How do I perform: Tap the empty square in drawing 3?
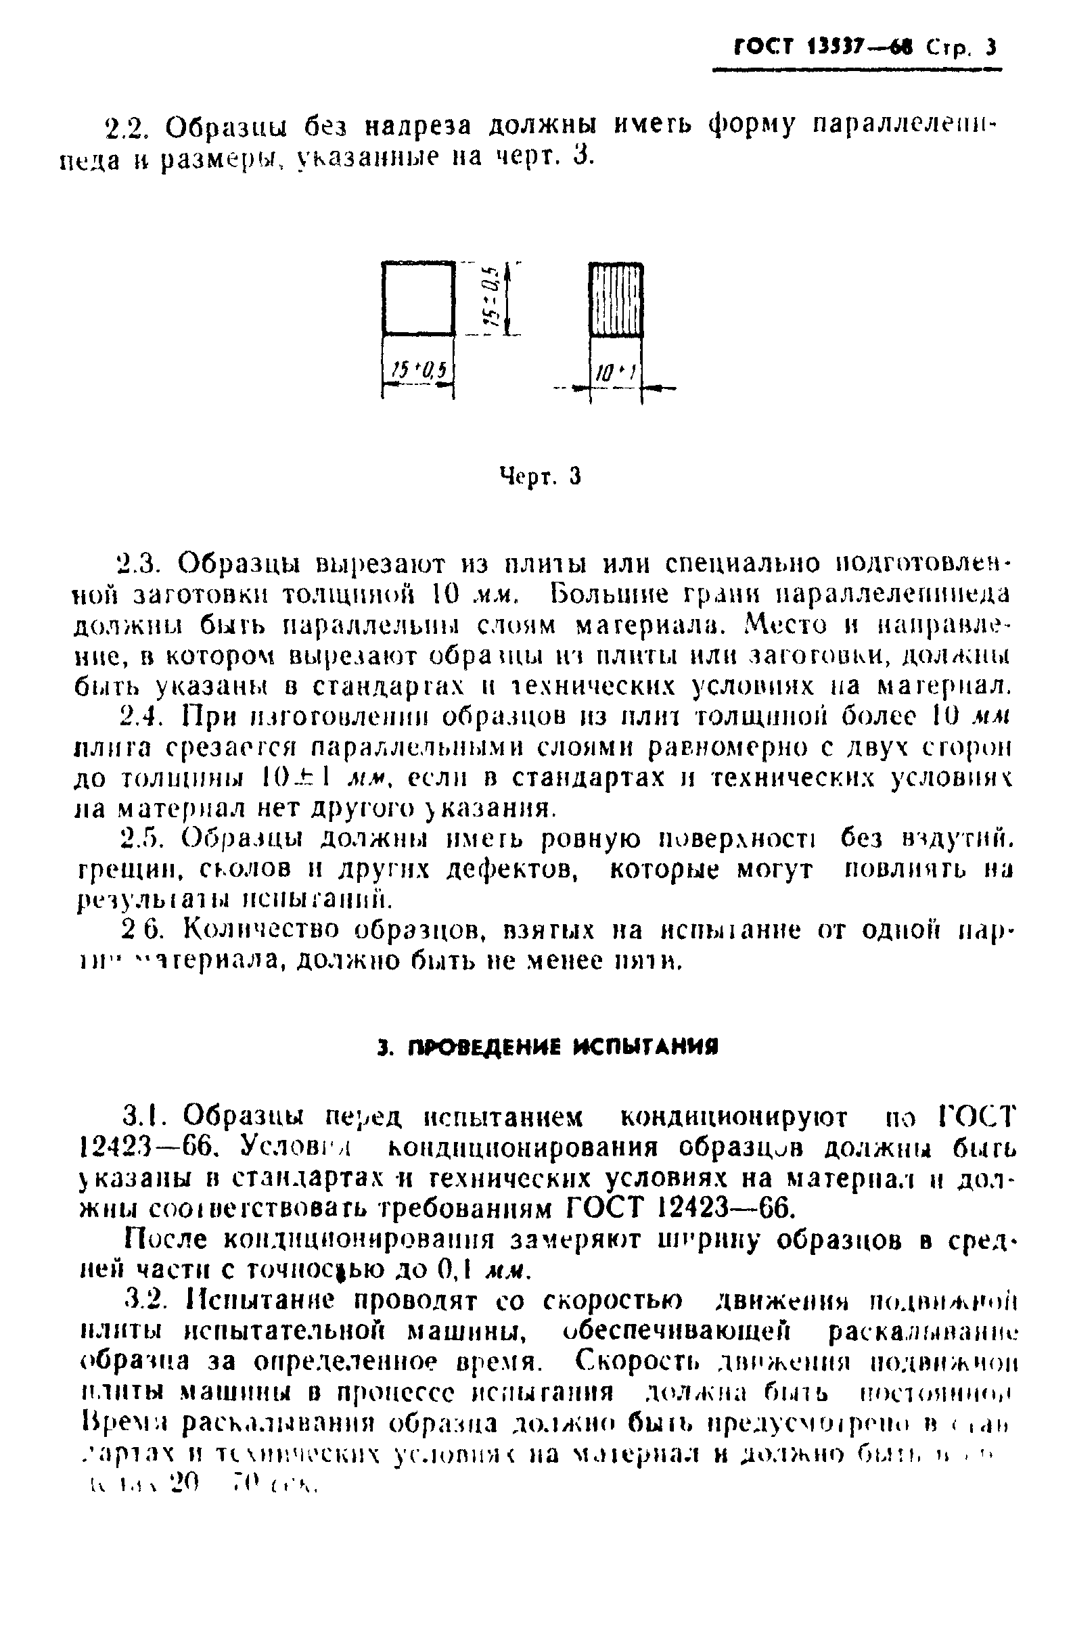(418, 299)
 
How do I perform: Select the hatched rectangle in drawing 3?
(616, 300)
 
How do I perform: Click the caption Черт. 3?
(541, 475)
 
